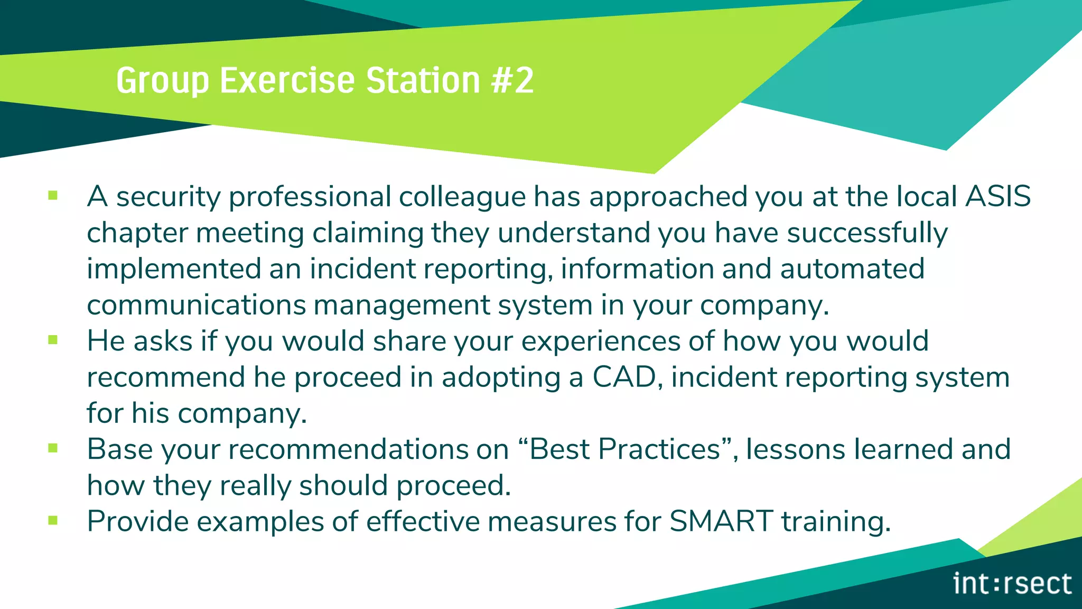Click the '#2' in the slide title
[x=512, y=81]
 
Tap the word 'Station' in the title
[x=423, y=81]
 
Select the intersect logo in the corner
[x=1012, y=584]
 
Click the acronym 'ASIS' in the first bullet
[x=998, y=196]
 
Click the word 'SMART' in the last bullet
[x=721, y=521]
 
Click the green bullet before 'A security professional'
[x=53, y=196]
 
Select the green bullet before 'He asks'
[x=53, y=340]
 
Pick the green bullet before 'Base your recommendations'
[x=53, y=448]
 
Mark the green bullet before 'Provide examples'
[x=53, y=521]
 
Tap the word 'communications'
[x=196, y=305]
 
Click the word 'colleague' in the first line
[x=462, y=197]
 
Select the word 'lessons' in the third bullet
[x=796, y=449]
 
